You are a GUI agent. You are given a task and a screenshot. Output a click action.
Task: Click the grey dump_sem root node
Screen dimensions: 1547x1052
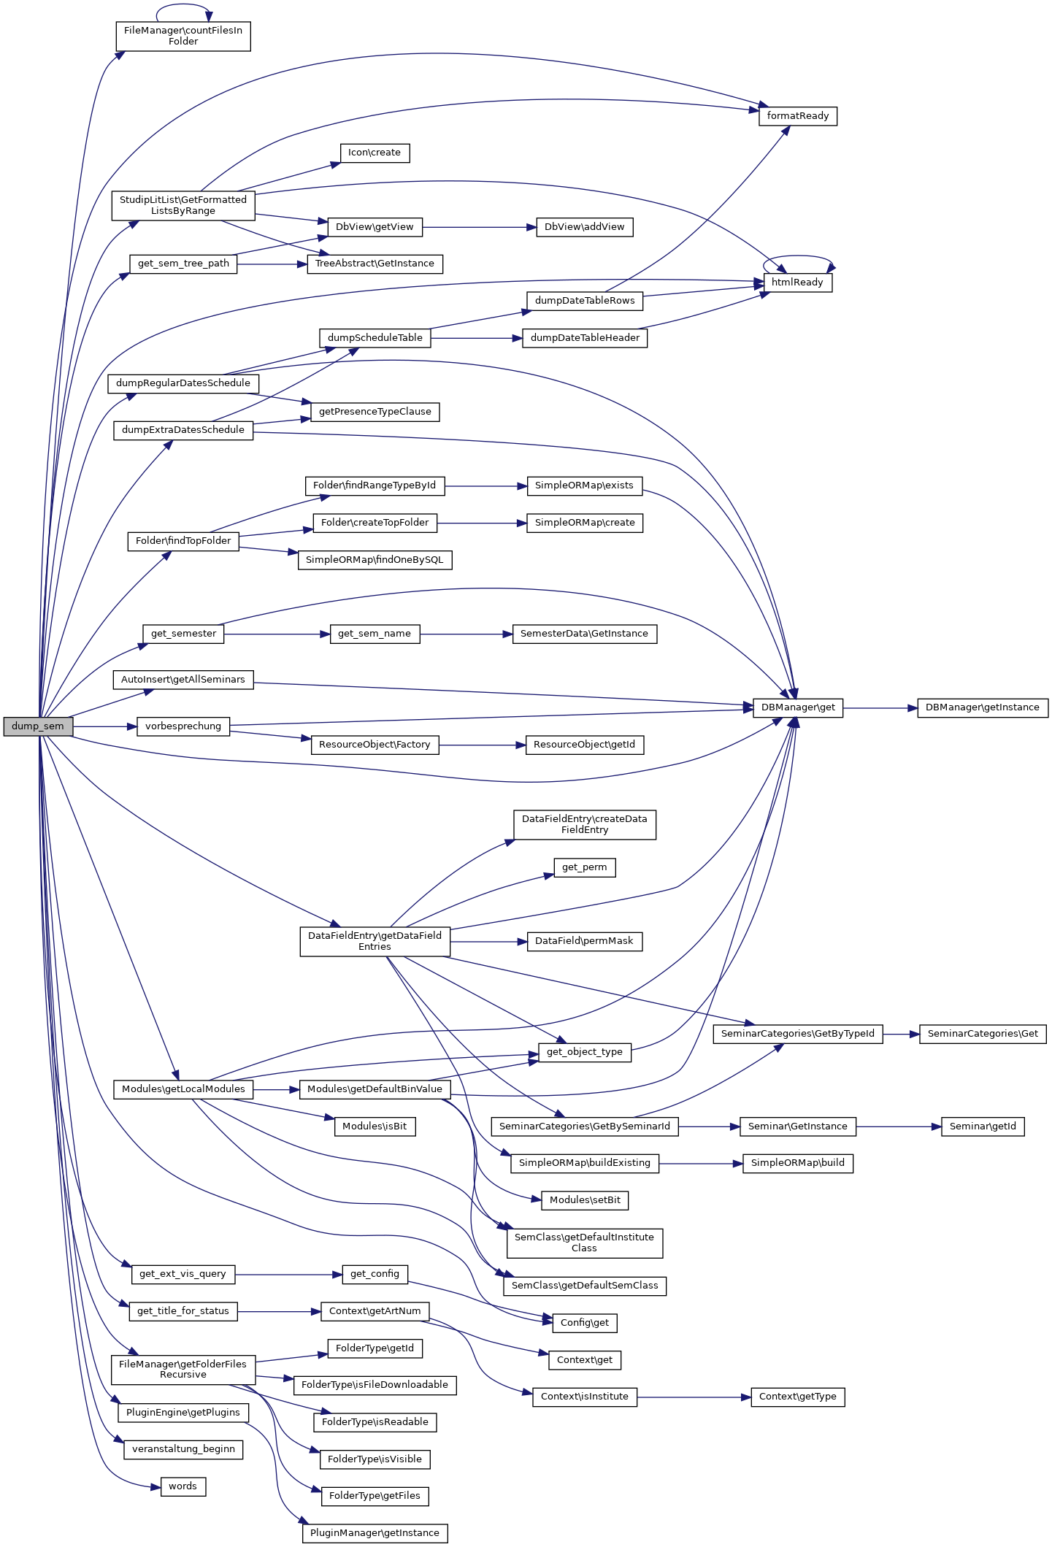tap(38, 726)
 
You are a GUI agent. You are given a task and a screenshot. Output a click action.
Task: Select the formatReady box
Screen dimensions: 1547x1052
tap(797, 116)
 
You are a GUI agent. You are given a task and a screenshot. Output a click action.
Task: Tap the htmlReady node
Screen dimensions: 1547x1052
tap(797, 283)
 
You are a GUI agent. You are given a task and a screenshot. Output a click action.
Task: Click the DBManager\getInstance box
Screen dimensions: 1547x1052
tap(982, 707)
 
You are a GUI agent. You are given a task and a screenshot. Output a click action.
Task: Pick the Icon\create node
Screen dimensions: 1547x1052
tap(375, 153)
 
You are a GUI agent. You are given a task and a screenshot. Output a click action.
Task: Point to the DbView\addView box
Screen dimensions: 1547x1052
tap(584, 227)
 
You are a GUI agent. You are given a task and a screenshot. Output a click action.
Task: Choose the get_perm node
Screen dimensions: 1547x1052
tap(584, 867)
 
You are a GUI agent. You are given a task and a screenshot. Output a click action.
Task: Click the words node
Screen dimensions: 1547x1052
tap(183, 1486)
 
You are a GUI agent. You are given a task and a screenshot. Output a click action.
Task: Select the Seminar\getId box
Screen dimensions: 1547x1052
tap(982, 1126)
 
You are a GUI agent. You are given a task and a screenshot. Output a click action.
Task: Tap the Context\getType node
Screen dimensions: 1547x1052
tap(797, 1397)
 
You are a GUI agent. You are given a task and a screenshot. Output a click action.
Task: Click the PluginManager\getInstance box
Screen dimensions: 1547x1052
tap(375, 1532)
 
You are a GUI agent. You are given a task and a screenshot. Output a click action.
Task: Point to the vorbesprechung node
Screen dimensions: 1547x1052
tap(183, 726)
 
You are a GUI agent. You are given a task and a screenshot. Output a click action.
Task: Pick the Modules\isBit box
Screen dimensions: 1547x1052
tap(375, 1126)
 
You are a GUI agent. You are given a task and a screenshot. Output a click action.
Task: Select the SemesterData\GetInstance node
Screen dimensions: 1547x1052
tap(584, 634)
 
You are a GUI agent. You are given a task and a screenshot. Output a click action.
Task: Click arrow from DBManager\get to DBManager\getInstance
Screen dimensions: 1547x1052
tap(880, 708)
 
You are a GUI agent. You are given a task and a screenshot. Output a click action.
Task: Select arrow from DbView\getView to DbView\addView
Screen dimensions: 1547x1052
tap(479, 228)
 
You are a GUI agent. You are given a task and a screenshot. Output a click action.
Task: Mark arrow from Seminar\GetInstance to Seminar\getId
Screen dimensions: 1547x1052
tap(898, 1127)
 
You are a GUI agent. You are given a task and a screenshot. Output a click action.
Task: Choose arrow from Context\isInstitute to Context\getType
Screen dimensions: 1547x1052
tap(694, 1397)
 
